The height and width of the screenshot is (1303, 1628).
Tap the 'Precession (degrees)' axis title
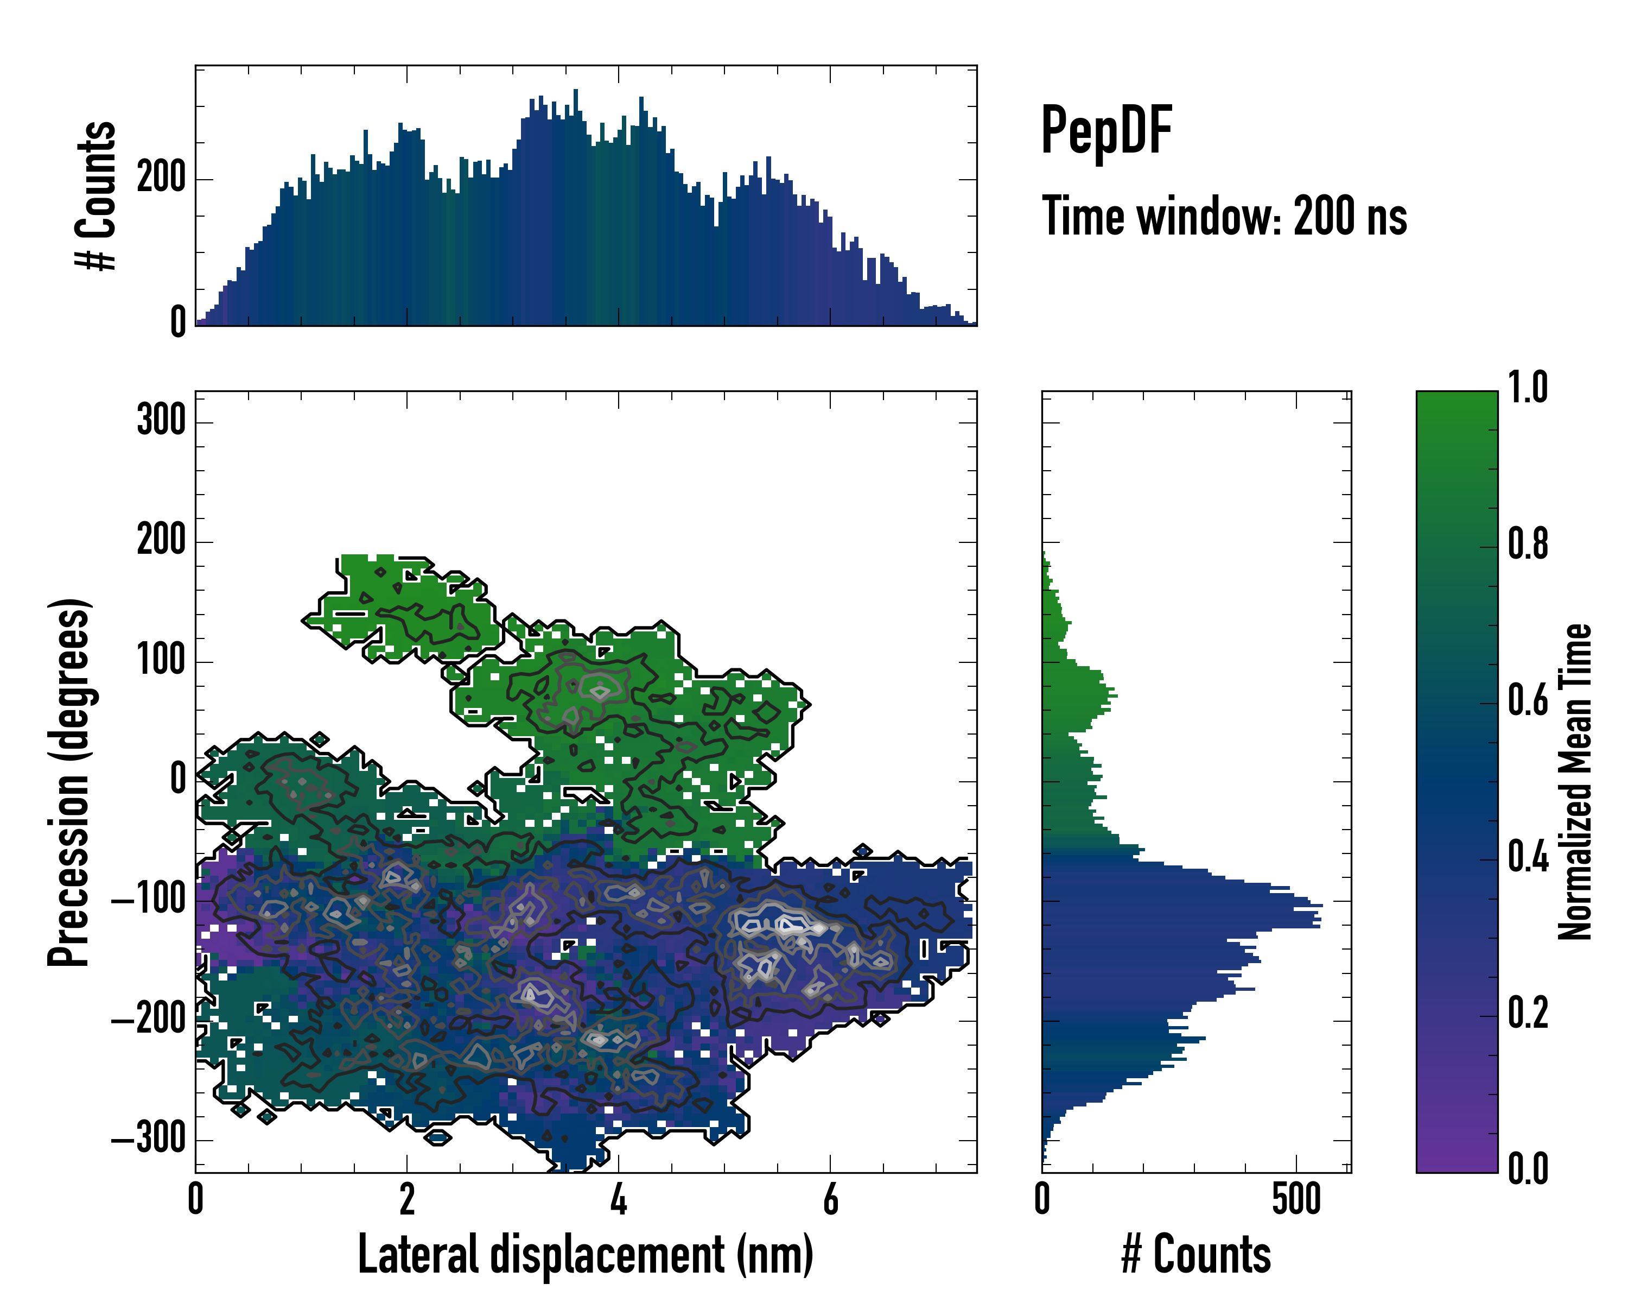click(69, 782)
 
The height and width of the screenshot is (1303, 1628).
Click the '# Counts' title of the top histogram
click(96, 195)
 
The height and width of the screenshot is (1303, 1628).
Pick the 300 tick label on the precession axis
click(161, 420)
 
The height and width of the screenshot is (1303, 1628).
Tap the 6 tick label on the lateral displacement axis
click(831, 1199)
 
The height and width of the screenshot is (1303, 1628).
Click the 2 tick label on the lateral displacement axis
click(407, 1199)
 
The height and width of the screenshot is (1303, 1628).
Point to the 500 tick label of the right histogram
click(1296, 1199)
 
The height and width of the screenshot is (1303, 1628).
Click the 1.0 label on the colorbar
click(1528, 388)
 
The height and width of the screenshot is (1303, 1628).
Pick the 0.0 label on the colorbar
click(1528, 1168)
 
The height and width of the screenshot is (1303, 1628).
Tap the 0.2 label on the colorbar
click(1528, 1013)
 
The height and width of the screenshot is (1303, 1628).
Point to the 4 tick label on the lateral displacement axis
click(619, 1199)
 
